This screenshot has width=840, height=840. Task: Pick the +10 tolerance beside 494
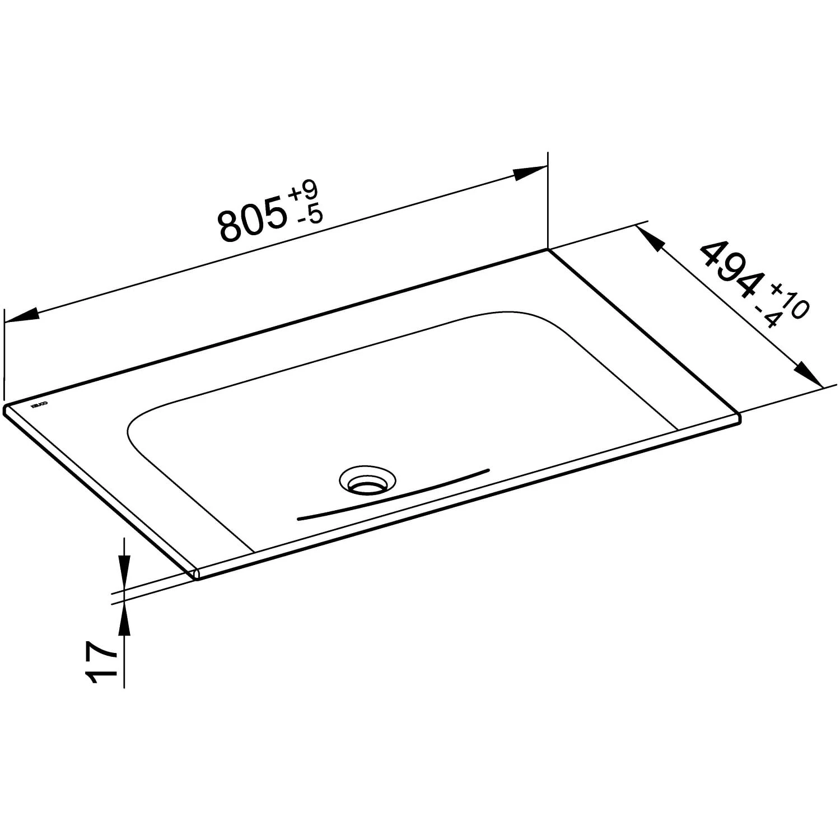(x=790, y=301)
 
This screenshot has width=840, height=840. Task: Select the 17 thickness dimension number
(x=100, y=664)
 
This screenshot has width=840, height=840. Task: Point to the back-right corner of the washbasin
(x=548, y=250)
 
